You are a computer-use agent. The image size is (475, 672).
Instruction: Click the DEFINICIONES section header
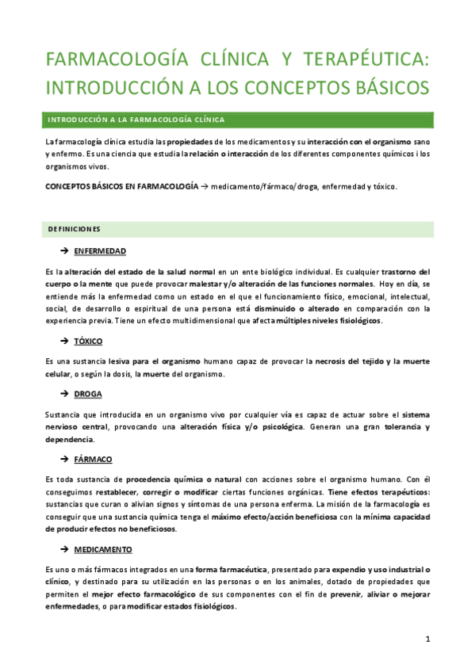click(75, 229)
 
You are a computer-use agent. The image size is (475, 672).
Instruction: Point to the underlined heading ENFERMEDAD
click(100, 250)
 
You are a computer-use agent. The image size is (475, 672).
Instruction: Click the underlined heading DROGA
click(88, 393)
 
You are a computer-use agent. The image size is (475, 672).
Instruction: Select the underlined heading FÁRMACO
click(93, 459)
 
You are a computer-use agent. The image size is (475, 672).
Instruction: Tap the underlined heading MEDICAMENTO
click(103, 548)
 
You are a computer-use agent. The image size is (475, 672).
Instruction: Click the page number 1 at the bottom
click(427, 638)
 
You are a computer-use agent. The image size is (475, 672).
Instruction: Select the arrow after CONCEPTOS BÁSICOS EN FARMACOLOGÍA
click(205, 186)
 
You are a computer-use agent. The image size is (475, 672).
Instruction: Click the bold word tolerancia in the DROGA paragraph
click(396, 427)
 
